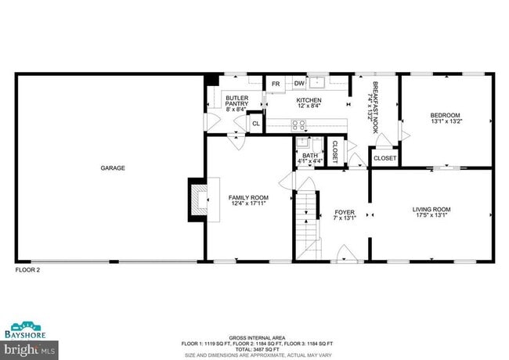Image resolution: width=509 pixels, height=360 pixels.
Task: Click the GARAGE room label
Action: (112, 167)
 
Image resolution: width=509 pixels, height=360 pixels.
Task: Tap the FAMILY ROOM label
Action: (248, 201)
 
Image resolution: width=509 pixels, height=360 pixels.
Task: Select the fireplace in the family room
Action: (199, 201)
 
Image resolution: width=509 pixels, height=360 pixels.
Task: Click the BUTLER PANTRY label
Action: (236, 103)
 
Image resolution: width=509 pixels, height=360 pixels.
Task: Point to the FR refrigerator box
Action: (276, 85)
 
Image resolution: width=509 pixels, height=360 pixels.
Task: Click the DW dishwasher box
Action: (299, 85)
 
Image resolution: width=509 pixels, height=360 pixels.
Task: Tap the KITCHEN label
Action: (309, 103)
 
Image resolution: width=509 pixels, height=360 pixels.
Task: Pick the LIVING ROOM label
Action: (431, 212)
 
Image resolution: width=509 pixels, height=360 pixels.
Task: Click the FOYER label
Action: (345, 215)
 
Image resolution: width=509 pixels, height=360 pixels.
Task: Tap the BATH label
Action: (309, 159)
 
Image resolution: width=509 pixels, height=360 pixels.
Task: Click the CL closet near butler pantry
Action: (255, 124)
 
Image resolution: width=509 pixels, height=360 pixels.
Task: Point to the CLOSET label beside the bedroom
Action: (384, 158)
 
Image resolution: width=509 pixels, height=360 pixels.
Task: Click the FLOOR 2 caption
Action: (27, 270)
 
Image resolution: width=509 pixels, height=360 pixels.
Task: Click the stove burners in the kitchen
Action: (298, 124)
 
